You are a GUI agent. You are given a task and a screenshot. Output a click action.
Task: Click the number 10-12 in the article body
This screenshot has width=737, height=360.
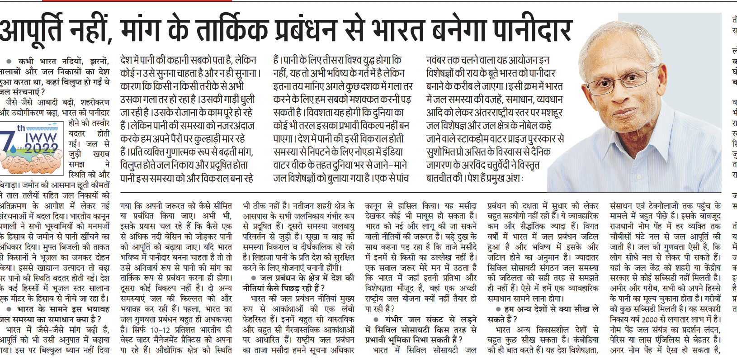pyautogui.click(x=161, y=330)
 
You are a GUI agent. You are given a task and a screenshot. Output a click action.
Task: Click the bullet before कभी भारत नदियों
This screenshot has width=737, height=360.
pyautogui.click(x=9, y=61)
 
